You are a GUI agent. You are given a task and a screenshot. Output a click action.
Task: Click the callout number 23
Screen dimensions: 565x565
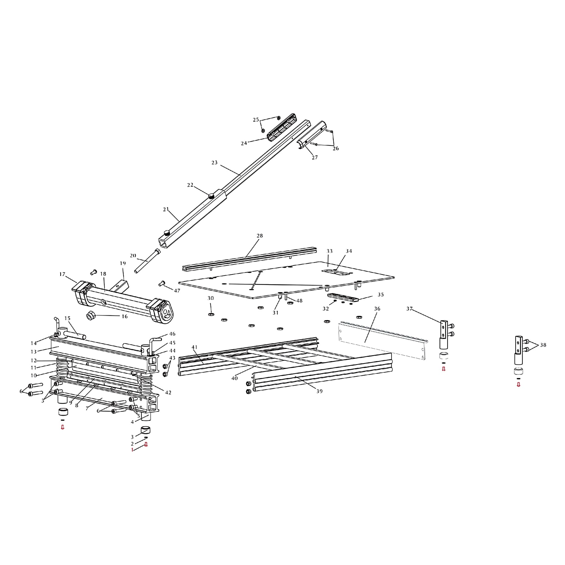coord(214,162)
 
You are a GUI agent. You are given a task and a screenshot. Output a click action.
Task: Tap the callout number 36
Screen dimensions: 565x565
coord(377,308)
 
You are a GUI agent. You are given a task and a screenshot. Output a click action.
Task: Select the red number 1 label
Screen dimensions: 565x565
coord(132,450)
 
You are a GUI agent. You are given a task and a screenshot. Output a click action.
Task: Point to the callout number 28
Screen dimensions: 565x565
coord(259,235)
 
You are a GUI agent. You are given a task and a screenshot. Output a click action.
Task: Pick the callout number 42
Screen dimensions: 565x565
coord(168,392)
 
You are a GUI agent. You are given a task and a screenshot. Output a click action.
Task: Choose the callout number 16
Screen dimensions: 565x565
coord(125,316)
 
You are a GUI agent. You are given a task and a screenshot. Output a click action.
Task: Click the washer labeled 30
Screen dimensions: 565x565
coord(210,314)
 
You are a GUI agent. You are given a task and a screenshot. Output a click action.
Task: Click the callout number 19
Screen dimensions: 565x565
coord(123,263)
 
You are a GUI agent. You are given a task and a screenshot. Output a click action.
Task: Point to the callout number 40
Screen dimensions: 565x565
coord(234,378)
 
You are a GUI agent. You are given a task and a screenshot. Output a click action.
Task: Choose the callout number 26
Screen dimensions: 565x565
coord(335,148)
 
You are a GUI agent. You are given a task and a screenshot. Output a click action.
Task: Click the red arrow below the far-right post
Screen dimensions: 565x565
coord(518,385)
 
